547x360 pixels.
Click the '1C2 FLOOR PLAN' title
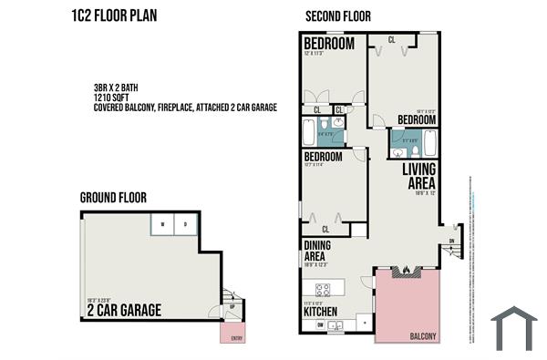click(x=113, y=15)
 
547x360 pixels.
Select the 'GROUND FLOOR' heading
click(x=113, y=197)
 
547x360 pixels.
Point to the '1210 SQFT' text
click(x=113, y=98)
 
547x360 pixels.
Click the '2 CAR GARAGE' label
click(x=124, y=311)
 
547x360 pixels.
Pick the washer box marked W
click(x=163, y=224)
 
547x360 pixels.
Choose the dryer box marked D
click(x=185, y=224)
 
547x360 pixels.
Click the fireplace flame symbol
click(x=407, y=270)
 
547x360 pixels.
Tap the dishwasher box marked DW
click(x=320, y=324)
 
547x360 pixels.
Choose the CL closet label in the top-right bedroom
click(x=391, y=39)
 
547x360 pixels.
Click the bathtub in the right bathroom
click(x=430, y=143)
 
